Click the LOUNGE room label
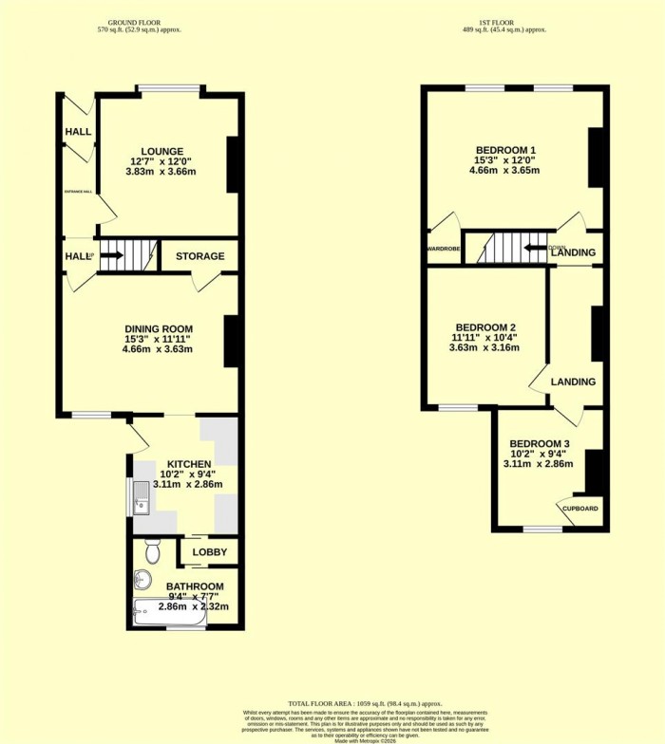tap(162, 151)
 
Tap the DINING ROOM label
tap(157, 325)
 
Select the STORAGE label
tap(199, 256)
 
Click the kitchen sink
tap(141, 494)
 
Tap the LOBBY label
tap(208, 552)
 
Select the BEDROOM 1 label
tap(505, 150)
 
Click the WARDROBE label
tap(444, 249)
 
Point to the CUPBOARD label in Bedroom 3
tap(580, 509)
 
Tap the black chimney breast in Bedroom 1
tap(597, 158)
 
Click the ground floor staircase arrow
tap(112, 255)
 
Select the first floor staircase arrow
tap(531, 250)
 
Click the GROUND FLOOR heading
tap(139, 22)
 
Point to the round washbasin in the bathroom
tap(143, 578)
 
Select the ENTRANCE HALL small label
tap(78, 192)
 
